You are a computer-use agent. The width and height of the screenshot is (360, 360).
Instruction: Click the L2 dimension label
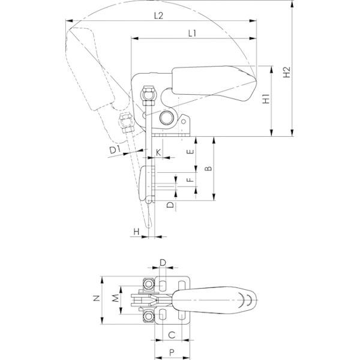(x=158, y=16)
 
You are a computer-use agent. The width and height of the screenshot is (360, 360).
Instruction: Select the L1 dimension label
(x=192, y=34)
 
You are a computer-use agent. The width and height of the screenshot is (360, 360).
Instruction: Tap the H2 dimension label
(x=287, y=72)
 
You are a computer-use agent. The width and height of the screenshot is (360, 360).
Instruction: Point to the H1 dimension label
(x=266, y=98)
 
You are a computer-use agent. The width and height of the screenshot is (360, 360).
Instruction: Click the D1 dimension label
(x=115, y=150)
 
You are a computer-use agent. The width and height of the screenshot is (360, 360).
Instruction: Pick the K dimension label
(x=158, y=152)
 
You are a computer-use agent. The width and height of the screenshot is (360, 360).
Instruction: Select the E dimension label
(x=190, y=152)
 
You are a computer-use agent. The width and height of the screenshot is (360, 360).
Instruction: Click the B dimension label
(x=208, y=169)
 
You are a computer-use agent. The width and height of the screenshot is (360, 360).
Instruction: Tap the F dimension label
(x=190, y=179)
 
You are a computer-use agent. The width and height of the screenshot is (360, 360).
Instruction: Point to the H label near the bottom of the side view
(x=136, y=232)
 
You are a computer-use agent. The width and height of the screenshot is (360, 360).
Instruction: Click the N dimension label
(x=97, y=298)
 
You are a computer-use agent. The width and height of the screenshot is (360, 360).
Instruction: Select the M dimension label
(x=116, y=298)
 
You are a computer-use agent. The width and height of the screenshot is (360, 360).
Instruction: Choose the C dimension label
(x=172, y=335)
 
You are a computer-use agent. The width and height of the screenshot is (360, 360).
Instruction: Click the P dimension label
(x=172, y=352)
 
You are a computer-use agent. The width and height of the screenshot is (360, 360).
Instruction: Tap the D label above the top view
(x=163, y=262)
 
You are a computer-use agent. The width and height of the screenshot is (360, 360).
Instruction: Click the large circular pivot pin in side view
(x=167, y=118)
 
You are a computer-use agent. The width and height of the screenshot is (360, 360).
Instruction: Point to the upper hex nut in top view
(x=149, y=284)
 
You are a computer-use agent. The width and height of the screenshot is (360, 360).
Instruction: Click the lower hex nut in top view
(x=149, y=317)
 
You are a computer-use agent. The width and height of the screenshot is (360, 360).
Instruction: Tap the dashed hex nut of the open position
(x=127, y=122)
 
